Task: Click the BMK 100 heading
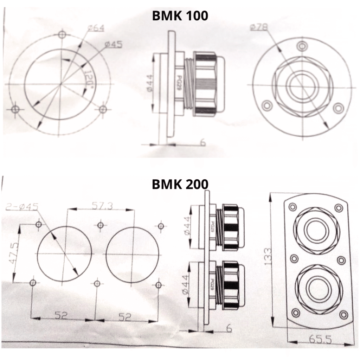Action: [x=180, y=16]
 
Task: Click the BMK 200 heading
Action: [x=180, y=184]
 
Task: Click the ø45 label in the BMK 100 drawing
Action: [x=114, y=45]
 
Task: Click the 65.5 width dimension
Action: [x=320, y=340]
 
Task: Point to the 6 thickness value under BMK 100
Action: [x=203, y=142]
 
